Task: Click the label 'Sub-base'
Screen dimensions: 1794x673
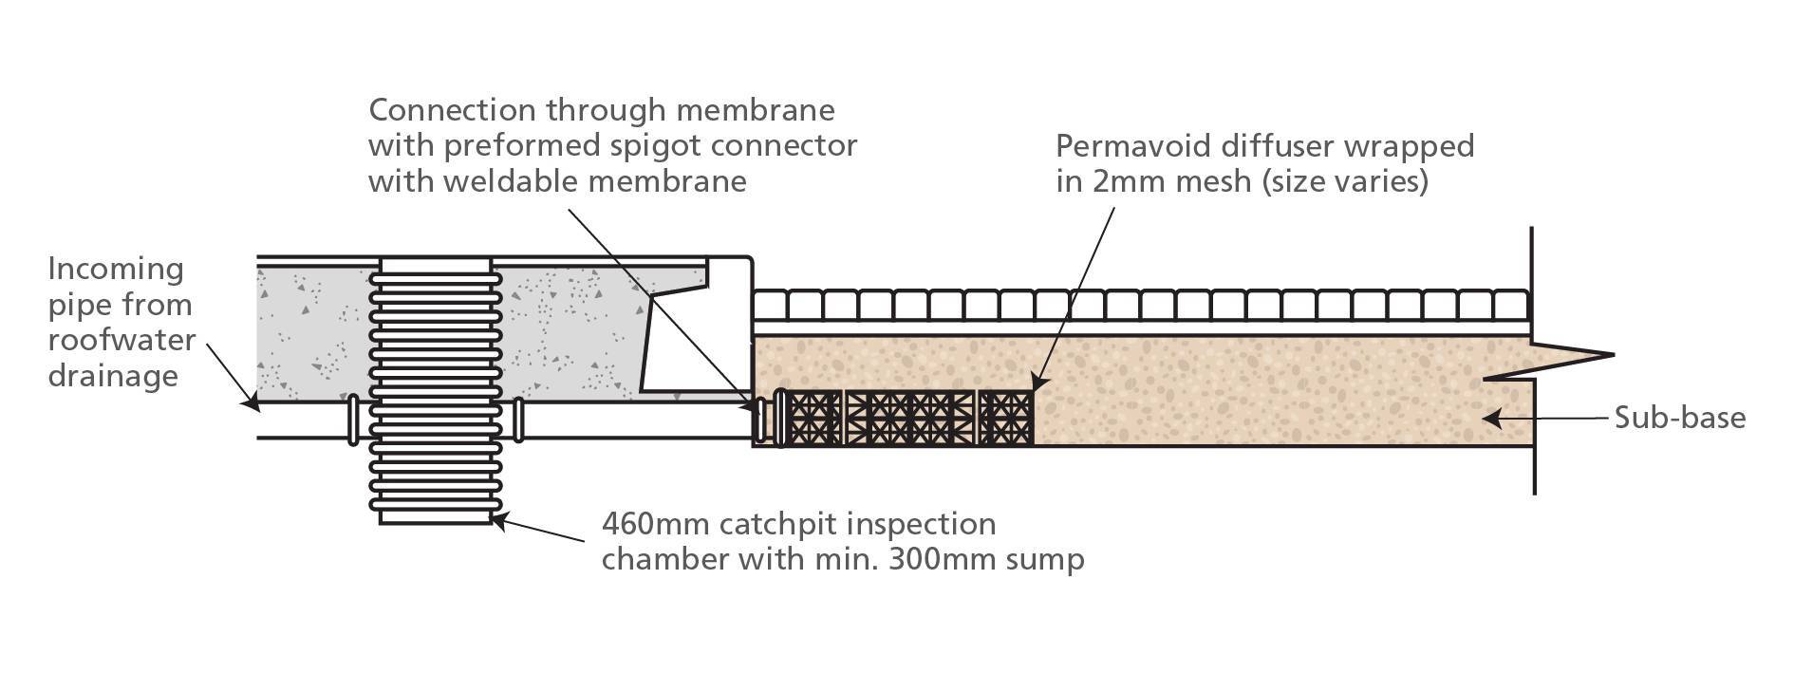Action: click(1679, 418)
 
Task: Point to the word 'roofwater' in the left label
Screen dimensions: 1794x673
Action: click(121, 340)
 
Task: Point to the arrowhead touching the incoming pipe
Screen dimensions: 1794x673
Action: click(250, 402)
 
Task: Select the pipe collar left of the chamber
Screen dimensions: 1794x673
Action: click(353, 420)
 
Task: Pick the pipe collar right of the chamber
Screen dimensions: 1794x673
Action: click(518, 420)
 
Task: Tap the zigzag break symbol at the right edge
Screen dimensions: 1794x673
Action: click(1557, 361)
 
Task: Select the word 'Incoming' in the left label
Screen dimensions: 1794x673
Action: click(116, 270)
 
